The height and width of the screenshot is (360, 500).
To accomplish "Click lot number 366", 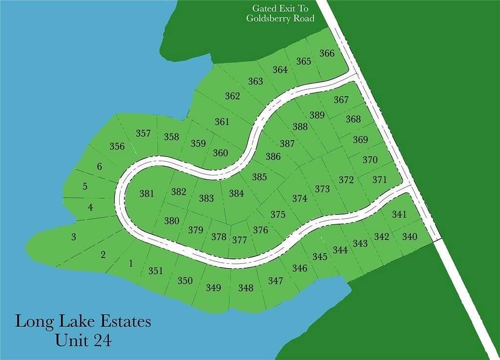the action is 327,53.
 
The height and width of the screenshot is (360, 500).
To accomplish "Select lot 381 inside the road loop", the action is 146,193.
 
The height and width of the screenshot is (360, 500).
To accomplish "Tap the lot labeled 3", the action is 74,237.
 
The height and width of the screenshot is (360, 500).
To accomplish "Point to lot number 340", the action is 410,237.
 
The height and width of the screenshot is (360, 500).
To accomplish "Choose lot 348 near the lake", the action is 246,288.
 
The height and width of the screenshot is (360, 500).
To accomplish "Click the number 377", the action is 239,240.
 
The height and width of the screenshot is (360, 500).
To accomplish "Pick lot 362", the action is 232,96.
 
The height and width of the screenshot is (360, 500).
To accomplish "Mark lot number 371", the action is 379,180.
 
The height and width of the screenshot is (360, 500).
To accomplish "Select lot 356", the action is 117,146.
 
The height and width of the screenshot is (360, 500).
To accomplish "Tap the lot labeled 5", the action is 85,186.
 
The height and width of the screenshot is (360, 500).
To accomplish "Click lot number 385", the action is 259,177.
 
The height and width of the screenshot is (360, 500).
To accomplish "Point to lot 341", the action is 399,214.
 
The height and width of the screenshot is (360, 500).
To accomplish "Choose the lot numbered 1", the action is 130,264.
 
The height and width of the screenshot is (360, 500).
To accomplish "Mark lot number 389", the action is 317,115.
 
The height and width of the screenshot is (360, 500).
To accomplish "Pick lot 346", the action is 300,268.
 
